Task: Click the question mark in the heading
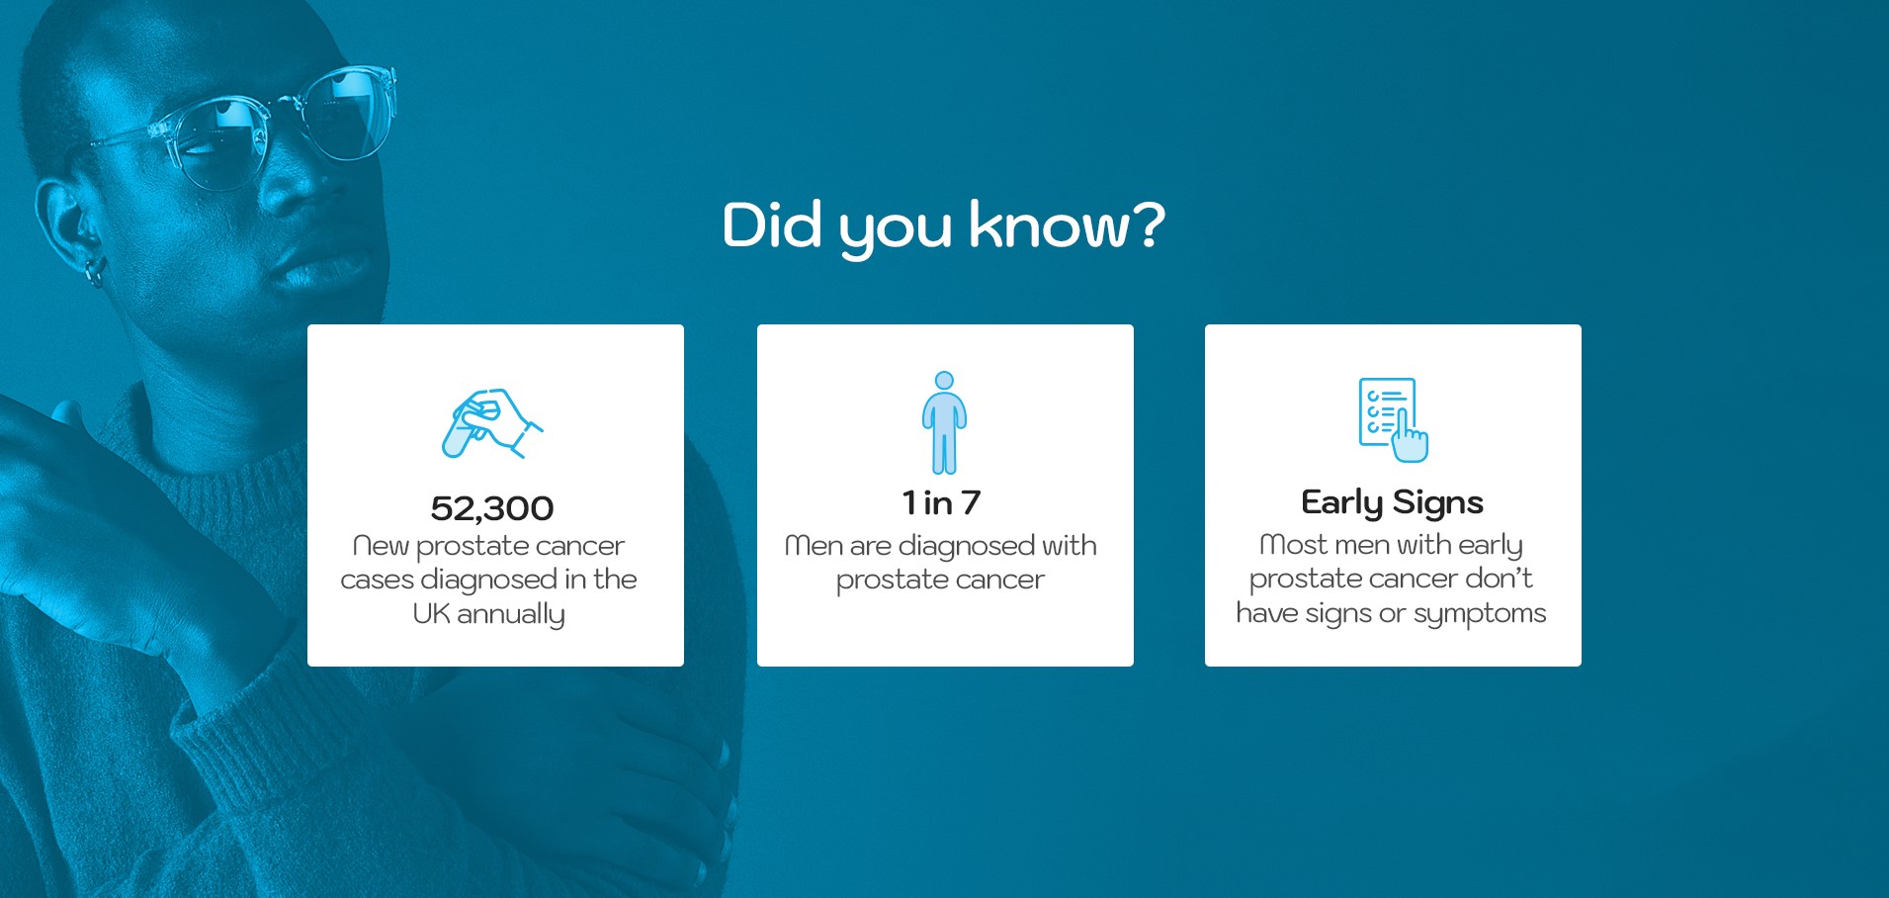pos(1148,224)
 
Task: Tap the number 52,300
pos(492,508)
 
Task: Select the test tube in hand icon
pos(492,423)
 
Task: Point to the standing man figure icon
pos(945,423)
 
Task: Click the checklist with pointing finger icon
pos(1393,419)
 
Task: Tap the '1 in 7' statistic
pos(941,502)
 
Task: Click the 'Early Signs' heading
pos(1392,502)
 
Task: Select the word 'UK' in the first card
pos(431,613)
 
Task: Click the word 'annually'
pos(511,615)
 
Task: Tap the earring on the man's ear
pos(94,272)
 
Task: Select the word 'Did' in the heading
pos(772,224)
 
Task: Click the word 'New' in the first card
pos(381,546)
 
